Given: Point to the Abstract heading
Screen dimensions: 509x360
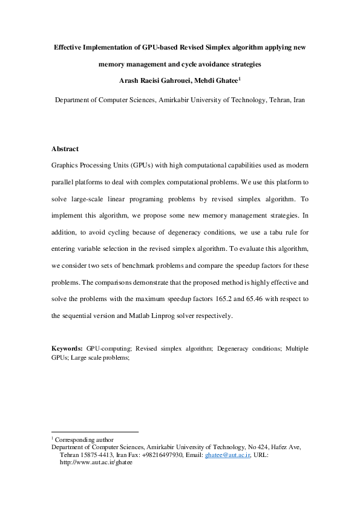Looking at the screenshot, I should click(x=65, y=149).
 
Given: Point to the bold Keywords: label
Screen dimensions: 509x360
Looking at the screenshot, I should click(x=67, y=348).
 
